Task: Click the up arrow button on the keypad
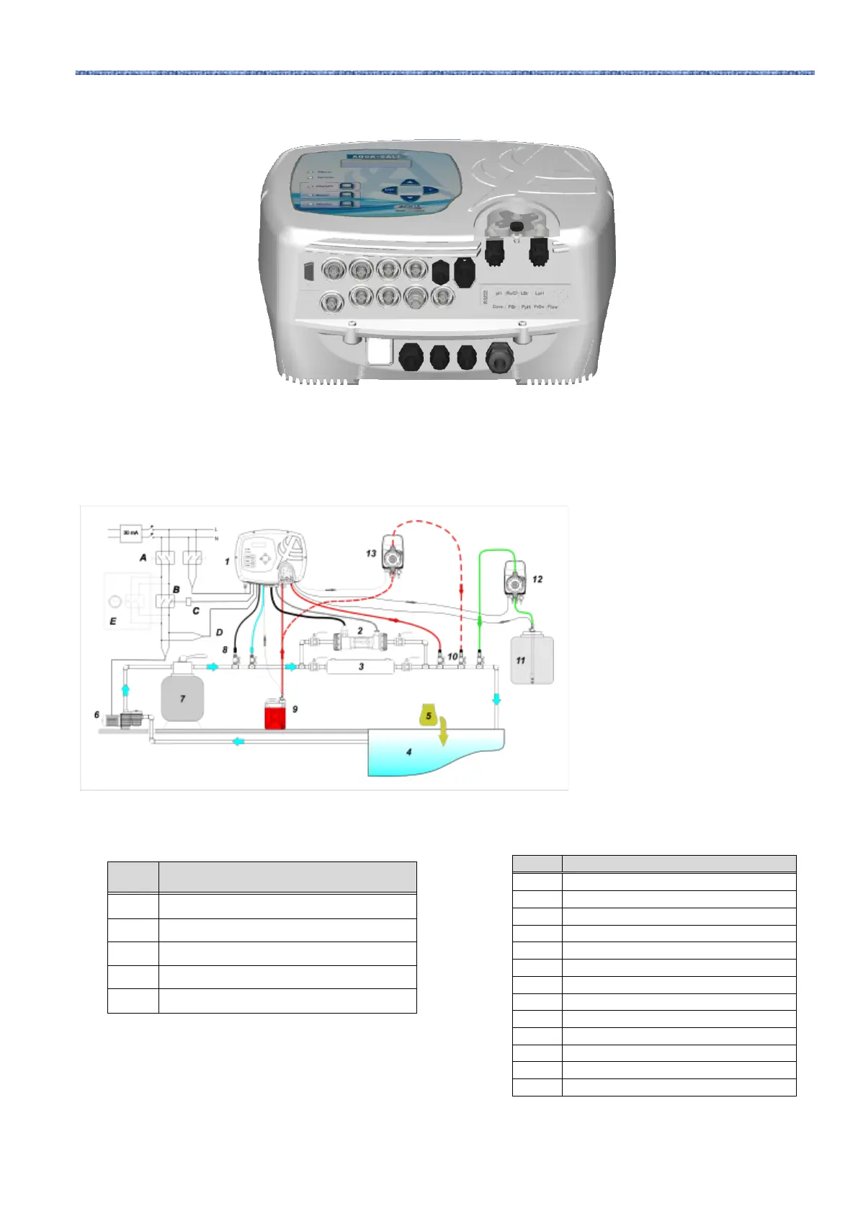tap(410, 182)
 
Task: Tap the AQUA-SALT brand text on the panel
tap(375, 156)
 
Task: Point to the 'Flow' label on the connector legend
tap(553, 307)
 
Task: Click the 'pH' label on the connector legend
tap(499, 293)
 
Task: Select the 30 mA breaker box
tap(131, 533)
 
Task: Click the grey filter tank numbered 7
tap(182, 697)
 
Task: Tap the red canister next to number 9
tap(275, 717)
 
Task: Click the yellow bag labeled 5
tap(428, 715)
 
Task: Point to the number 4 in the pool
tap(409, 752)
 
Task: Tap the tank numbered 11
tap(532, 660)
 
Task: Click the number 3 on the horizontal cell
tap(362, 667)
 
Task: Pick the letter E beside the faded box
tap(113, 621)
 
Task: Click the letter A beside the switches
tap(143, 557)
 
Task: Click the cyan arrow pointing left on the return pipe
tap(237, 741)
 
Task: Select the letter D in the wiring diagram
tap(219, 632)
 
